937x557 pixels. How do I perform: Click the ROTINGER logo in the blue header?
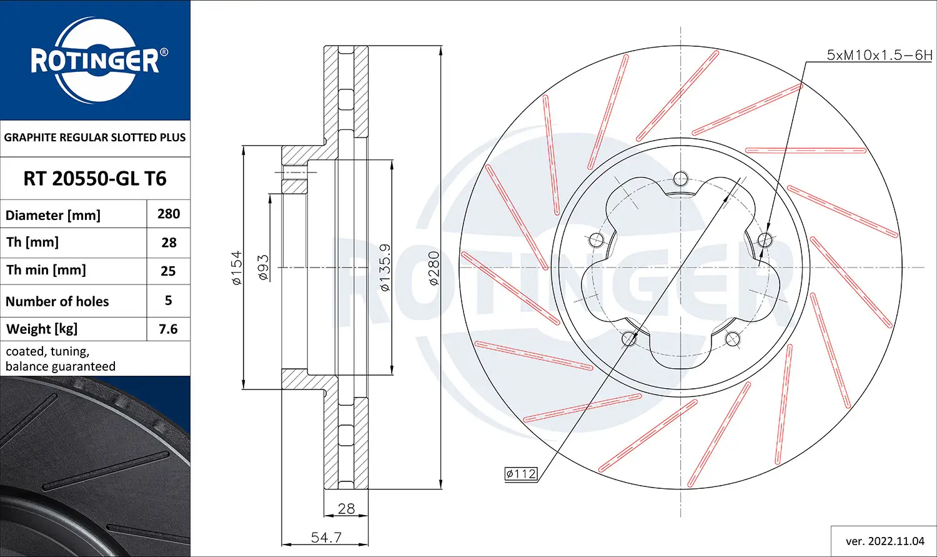tap(95, 61)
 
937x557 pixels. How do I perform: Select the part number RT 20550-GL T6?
tap(95, 179)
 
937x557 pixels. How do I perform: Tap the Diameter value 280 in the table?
tap(169, 214)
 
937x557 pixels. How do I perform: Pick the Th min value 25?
tap(169, 271)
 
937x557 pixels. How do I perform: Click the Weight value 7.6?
tap(169, 329)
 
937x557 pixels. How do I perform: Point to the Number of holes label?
tap(57, 301)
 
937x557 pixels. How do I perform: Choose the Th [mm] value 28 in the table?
tap(169, 243)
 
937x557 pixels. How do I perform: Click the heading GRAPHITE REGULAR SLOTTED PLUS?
tap(95, 138)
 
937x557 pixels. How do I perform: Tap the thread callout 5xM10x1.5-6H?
tap(879, 55)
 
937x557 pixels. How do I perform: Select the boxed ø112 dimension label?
tap(521, 474)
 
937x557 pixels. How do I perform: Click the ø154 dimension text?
tap(237, 268)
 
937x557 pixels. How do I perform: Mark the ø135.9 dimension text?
tap(385, 268)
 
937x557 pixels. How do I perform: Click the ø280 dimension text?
tap(434, 268)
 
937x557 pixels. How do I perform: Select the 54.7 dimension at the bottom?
tap(326, 537)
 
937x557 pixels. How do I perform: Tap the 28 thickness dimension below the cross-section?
tap(346, 509)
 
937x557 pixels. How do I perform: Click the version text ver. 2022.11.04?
tap(885, 541)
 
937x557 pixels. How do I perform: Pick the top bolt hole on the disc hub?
tap(681, 179)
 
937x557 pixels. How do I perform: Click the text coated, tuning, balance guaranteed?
tap(61, 359)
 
